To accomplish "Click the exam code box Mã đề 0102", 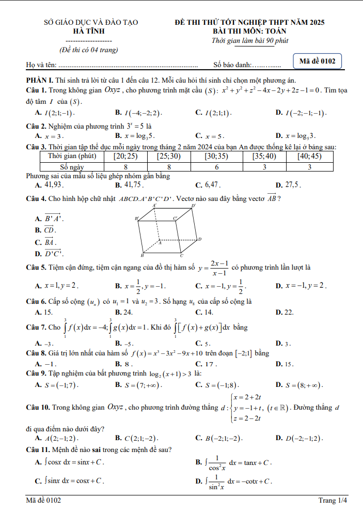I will [x=317, y=61].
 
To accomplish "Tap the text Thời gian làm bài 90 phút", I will [x=250, y=41].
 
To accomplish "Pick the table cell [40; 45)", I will [x=310, y=156].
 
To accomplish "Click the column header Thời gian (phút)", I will [x=72, y=156].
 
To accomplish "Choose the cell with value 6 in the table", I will [x=217, y=167].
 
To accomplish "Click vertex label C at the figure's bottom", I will [x=181, y=255].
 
